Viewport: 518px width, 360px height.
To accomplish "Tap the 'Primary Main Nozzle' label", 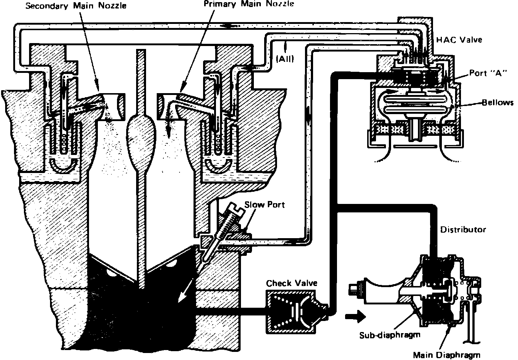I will click(x=249, y=4).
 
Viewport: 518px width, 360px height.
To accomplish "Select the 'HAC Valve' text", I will click(x=459, y=39).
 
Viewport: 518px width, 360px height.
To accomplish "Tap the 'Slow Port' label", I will click(x=265, y=204).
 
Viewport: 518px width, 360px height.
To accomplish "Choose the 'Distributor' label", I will click(x=463, y=230).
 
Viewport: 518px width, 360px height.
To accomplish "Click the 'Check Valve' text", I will click(x=291, y=283).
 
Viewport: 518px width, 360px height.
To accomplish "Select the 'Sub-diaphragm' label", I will click(x=390, y=335).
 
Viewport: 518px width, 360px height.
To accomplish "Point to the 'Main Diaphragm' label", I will click(x=446, y=355).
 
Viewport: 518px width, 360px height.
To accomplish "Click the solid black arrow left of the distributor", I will click(x=355, y=316).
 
